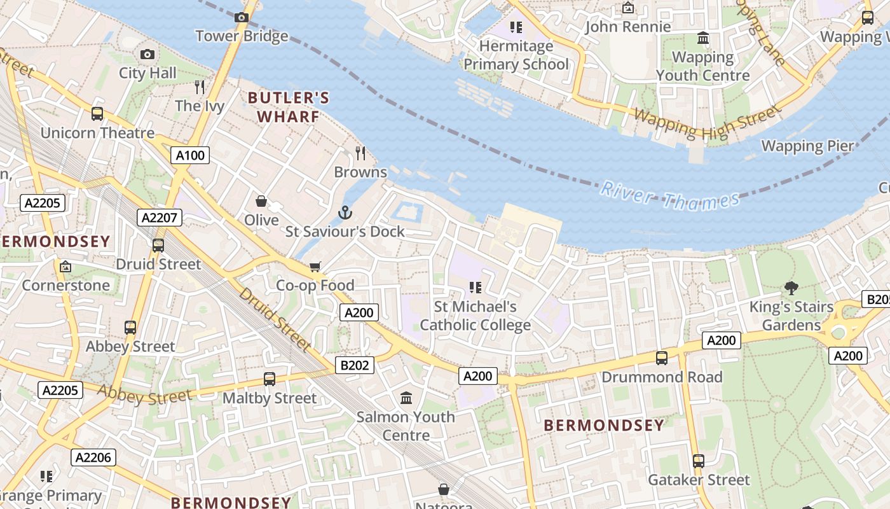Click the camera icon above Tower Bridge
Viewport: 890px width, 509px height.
coord(242,18)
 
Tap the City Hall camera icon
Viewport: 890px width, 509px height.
coord(147,55)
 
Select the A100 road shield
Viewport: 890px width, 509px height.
coord(190,155)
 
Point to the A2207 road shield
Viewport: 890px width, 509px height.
coord(160,218)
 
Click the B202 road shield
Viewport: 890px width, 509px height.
coord(355,365)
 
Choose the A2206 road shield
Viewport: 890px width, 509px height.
coord(93,457)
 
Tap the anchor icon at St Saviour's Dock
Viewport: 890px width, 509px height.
coord(345,213)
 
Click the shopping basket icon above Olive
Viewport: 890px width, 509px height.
coord(261,202)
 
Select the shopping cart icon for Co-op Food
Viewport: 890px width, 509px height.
coord(315,267)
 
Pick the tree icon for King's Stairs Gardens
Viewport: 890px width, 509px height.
coord(791,288)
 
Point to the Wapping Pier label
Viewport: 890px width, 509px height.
coord(807,146)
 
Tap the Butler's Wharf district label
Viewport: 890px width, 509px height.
coord(289,107)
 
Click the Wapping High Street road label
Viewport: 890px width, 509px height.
coord(707,123)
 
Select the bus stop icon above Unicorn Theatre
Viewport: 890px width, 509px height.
coord(97,114)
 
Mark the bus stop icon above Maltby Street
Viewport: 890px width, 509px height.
coord(270,379)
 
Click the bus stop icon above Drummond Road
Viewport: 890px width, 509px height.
coord(662,358)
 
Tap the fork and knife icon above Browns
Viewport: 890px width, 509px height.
coord(360,153)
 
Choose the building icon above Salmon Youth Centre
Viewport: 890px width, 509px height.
coord(406,398)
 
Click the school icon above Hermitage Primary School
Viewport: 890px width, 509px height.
coord(516,27)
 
